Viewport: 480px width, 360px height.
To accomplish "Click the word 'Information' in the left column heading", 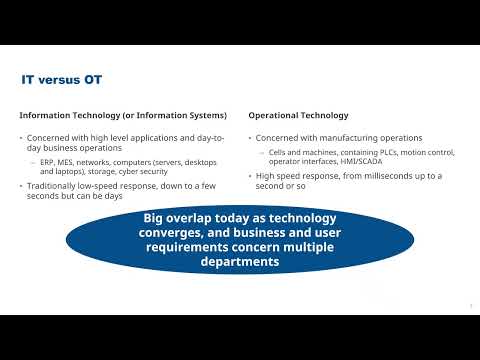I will pyautogui.click(x=43, y=114).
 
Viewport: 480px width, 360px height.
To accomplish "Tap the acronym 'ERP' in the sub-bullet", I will pyautogui.click(x=47, y=162).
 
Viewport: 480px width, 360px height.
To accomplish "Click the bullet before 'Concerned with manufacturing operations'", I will pyautogui.click(x=250, y=137).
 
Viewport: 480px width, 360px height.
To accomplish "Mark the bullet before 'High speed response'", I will pyautogui.click(x=250, y=176).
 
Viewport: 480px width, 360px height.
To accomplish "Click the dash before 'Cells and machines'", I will pyautogui.click(x=263, y=152).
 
